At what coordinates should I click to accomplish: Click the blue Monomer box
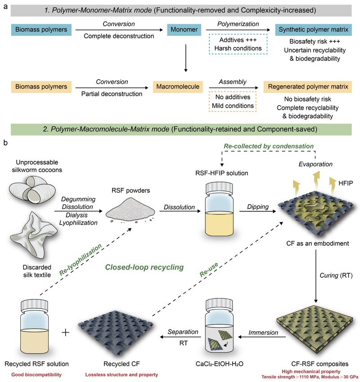click(x=184, y=31)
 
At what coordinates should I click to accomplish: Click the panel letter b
click(x=5, y=143)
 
